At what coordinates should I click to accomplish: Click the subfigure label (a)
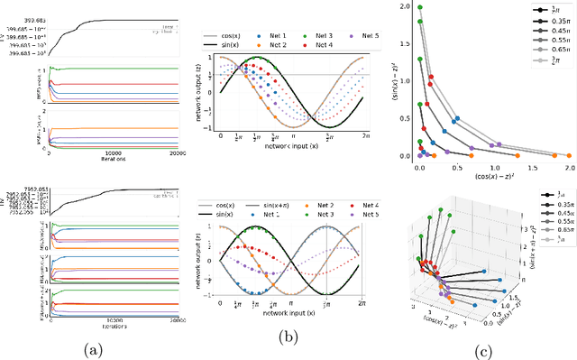[x=92, y=347]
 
